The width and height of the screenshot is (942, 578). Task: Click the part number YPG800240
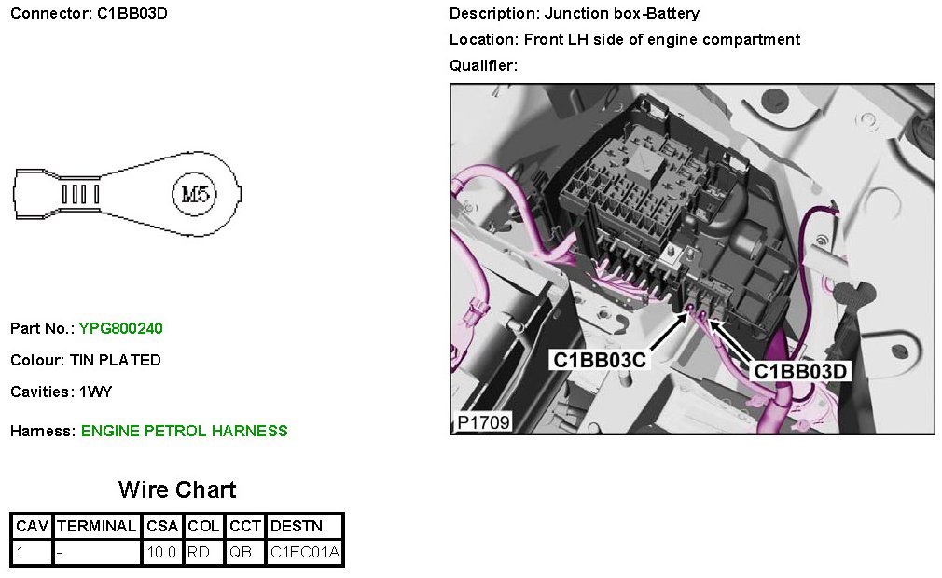121,328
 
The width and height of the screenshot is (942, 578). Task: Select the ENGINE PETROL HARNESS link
185,431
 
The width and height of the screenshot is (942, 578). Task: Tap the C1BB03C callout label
600,360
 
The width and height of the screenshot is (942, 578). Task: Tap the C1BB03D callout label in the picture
801,371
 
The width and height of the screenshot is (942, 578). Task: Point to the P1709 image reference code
483,422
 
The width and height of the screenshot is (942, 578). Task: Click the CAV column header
32,526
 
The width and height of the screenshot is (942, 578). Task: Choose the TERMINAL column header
97,526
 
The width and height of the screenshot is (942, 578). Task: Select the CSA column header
161,526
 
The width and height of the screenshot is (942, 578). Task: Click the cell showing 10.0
161,552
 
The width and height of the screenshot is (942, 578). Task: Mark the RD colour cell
199,552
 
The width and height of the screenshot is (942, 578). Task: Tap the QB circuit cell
241,552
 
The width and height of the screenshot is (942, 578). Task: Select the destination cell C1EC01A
305,552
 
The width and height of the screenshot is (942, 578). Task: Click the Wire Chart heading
177,490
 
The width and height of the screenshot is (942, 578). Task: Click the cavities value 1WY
95,392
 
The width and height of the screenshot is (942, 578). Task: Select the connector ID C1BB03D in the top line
132,14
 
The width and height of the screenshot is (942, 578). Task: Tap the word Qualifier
482,65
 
